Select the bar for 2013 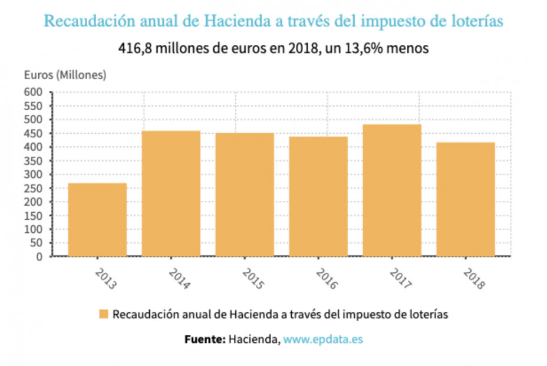click(97, 219)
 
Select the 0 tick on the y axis click(40, 257)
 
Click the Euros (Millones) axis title click(65, 75)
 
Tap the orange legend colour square click(104, 314)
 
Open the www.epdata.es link click(323, 339)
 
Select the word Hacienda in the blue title click(238, 22)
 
